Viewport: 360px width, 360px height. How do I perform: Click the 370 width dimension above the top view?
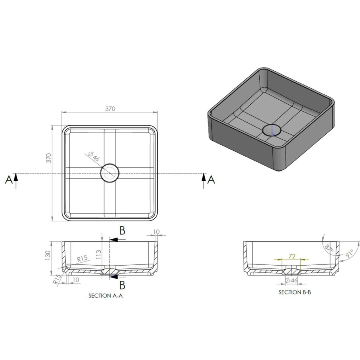pos(110,108)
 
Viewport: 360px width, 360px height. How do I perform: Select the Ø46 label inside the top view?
pos(93,157)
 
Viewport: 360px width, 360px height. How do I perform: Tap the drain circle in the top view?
pos(110,173)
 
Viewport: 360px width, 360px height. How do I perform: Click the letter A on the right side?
pos(212,180)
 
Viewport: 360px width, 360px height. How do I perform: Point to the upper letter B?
pos(122,230)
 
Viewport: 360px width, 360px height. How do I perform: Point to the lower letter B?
pos(122,284)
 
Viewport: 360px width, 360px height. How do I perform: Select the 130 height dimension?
pos(48,255)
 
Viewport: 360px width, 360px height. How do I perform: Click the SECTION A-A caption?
pos(104,296)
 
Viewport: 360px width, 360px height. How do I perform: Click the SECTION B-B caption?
pos(295,292)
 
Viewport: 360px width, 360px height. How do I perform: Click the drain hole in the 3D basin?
pos(272,130)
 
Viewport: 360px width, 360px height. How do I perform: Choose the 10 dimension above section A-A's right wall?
pos(156,232)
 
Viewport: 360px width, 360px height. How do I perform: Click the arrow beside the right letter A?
pos(204,181)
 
